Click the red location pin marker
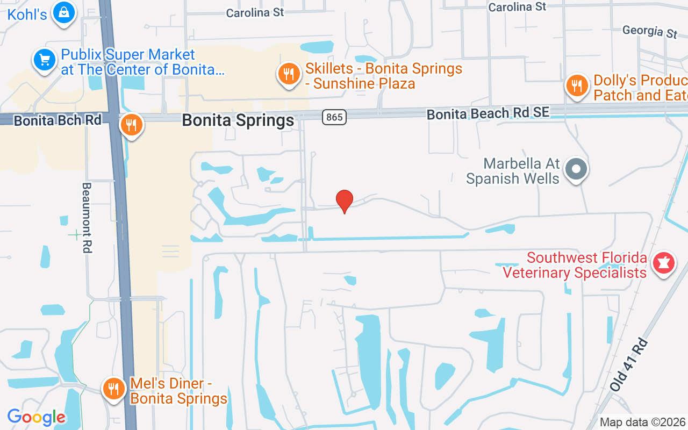[x=345, y=201]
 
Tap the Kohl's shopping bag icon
[x=63, y=12]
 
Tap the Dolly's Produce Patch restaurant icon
[x=577, y=85]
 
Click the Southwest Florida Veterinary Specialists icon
[x=664, y=264]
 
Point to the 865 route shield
[x=334, y=117]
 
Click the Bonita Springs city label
[x=238, y=120]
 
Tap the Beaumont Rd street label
[x=87, y=217]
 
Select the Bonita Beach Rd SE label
[x=488, y=113]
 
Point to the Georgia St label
[x=650, y=31]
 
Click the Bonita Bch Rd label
[x=58, y=120]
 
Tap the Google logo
[x=36, y=417]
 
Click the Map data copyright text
[x=642, y=422]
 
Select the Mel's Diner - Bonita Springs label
[x=178, y=391]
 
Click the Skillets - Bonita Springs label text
[x=384, y=76]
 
